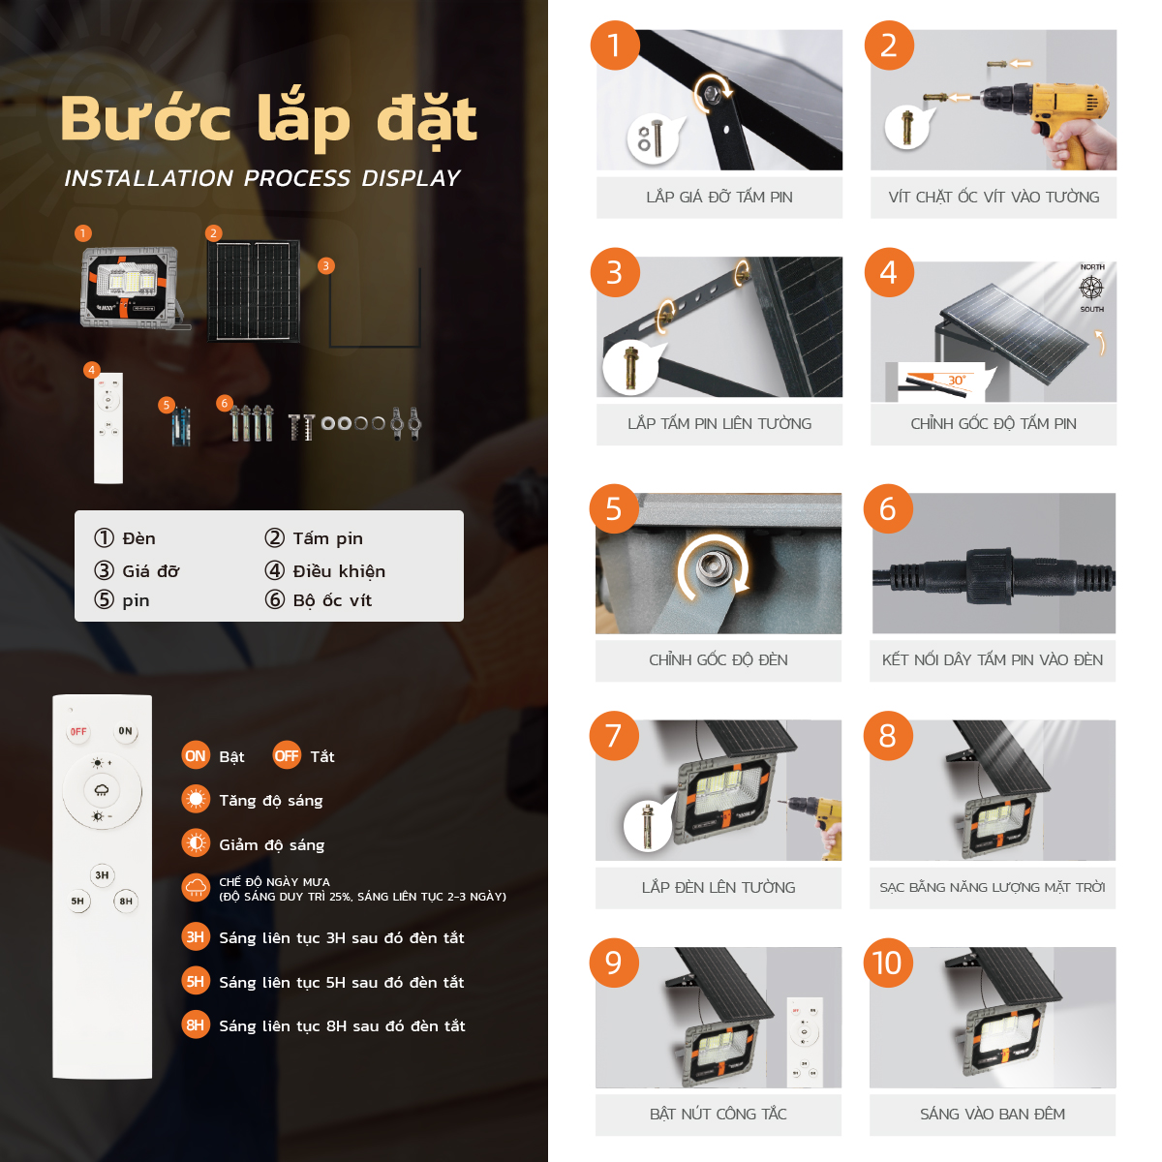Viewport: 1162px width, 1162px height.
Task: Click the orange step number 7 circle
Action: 614,736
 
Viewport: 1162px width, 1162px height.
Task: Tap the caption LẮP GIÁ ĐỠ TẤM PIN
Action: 719,197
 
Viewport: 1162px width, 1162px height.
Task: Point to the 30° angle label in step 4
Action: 956,381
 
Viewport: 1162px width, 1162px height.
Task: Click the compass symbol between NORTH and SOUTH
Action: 1091,288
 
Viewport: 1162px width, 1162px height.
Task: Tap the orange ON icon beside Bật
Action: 196,756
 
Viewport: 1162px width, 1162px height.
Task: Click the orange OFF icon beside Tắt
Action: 287,756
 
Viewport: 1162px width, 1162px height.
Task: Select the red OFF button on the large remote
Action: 78,732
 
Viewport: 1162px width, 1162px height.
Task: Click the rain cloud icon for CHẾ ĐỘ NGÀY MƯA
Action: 196,888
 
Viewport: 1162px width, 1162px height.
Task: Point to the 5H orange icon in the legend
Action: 196,982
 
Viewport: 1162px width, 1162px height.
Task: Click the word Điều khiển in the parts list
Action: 339,571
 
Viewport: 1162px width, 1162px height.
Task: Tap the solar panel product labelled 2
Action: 254,290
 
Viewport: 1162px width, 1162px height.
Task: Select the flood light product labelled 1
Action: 131,287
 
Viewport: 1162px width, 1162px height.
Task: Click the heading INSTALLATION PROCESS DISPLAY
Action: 261,178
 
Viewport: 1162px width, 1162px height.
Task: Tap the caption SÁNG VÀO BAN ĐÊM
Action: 993,1114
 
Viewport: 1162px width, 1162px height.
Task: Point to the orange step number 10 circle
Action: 887,963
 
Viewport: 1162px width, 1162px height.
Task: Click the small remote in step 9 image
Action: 804,1038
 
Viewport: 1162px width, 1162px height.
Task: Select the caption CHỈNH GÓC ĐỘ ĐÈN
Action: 718,659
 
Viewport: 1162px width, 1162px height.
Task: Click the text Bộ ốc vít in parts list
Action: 332,600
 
